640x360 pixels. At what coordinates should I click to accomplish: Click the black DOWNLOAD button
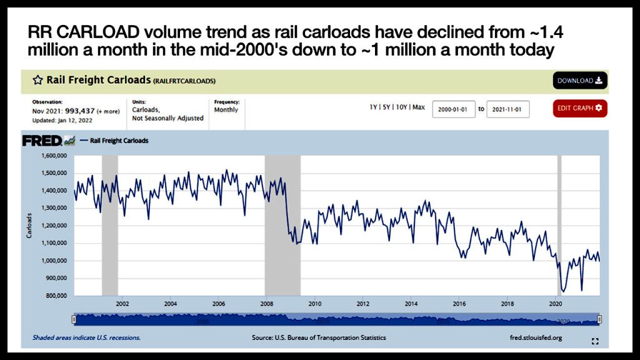(579, 81)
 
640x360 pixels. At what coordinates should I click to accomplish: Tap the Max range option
(419, 107)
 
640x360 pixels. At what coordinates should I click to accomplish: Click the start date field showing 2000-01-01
(454, 109)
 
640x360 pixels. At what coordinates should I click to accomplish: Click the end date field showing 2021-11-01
(507, 109)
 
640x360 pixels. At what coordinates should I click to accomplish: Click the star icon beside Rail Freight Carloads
(37, 81)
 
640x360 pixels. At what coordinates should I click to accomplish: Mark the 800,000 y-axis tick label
(56, 296)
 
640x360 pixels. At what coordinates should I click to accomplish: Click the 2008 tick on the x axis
(266, 304)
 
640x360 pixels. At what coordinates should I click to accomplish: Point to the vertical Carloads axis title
(29, 225)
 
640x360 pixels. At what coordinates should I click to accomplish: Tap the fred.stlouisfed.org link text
(536, 337)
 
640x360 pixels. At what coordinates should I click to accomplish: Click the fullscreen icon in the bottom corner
(595, 341)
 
